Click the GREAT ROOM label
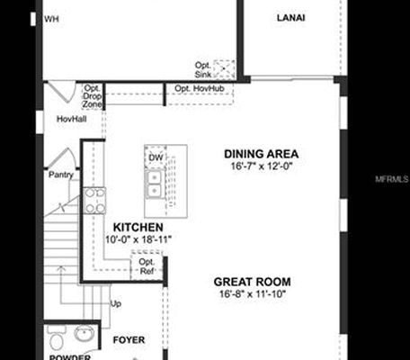(253, 282)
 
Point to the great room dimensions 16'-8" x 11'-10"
(253, 294)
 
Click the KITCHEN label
(138, 228)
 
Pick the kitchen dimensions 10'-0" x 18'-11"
(138, 240)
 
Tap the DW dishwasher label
(156, 158)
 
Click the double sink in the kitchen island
(155, 184)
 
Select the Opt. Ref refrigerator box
(147, 266)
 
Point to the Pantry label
(61, 175)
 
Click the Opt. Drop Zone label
(93, 96)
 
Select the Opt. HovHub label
(198, 89)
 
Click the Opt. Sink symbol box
(224, 69)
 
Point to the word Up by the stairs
(116, 303)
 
